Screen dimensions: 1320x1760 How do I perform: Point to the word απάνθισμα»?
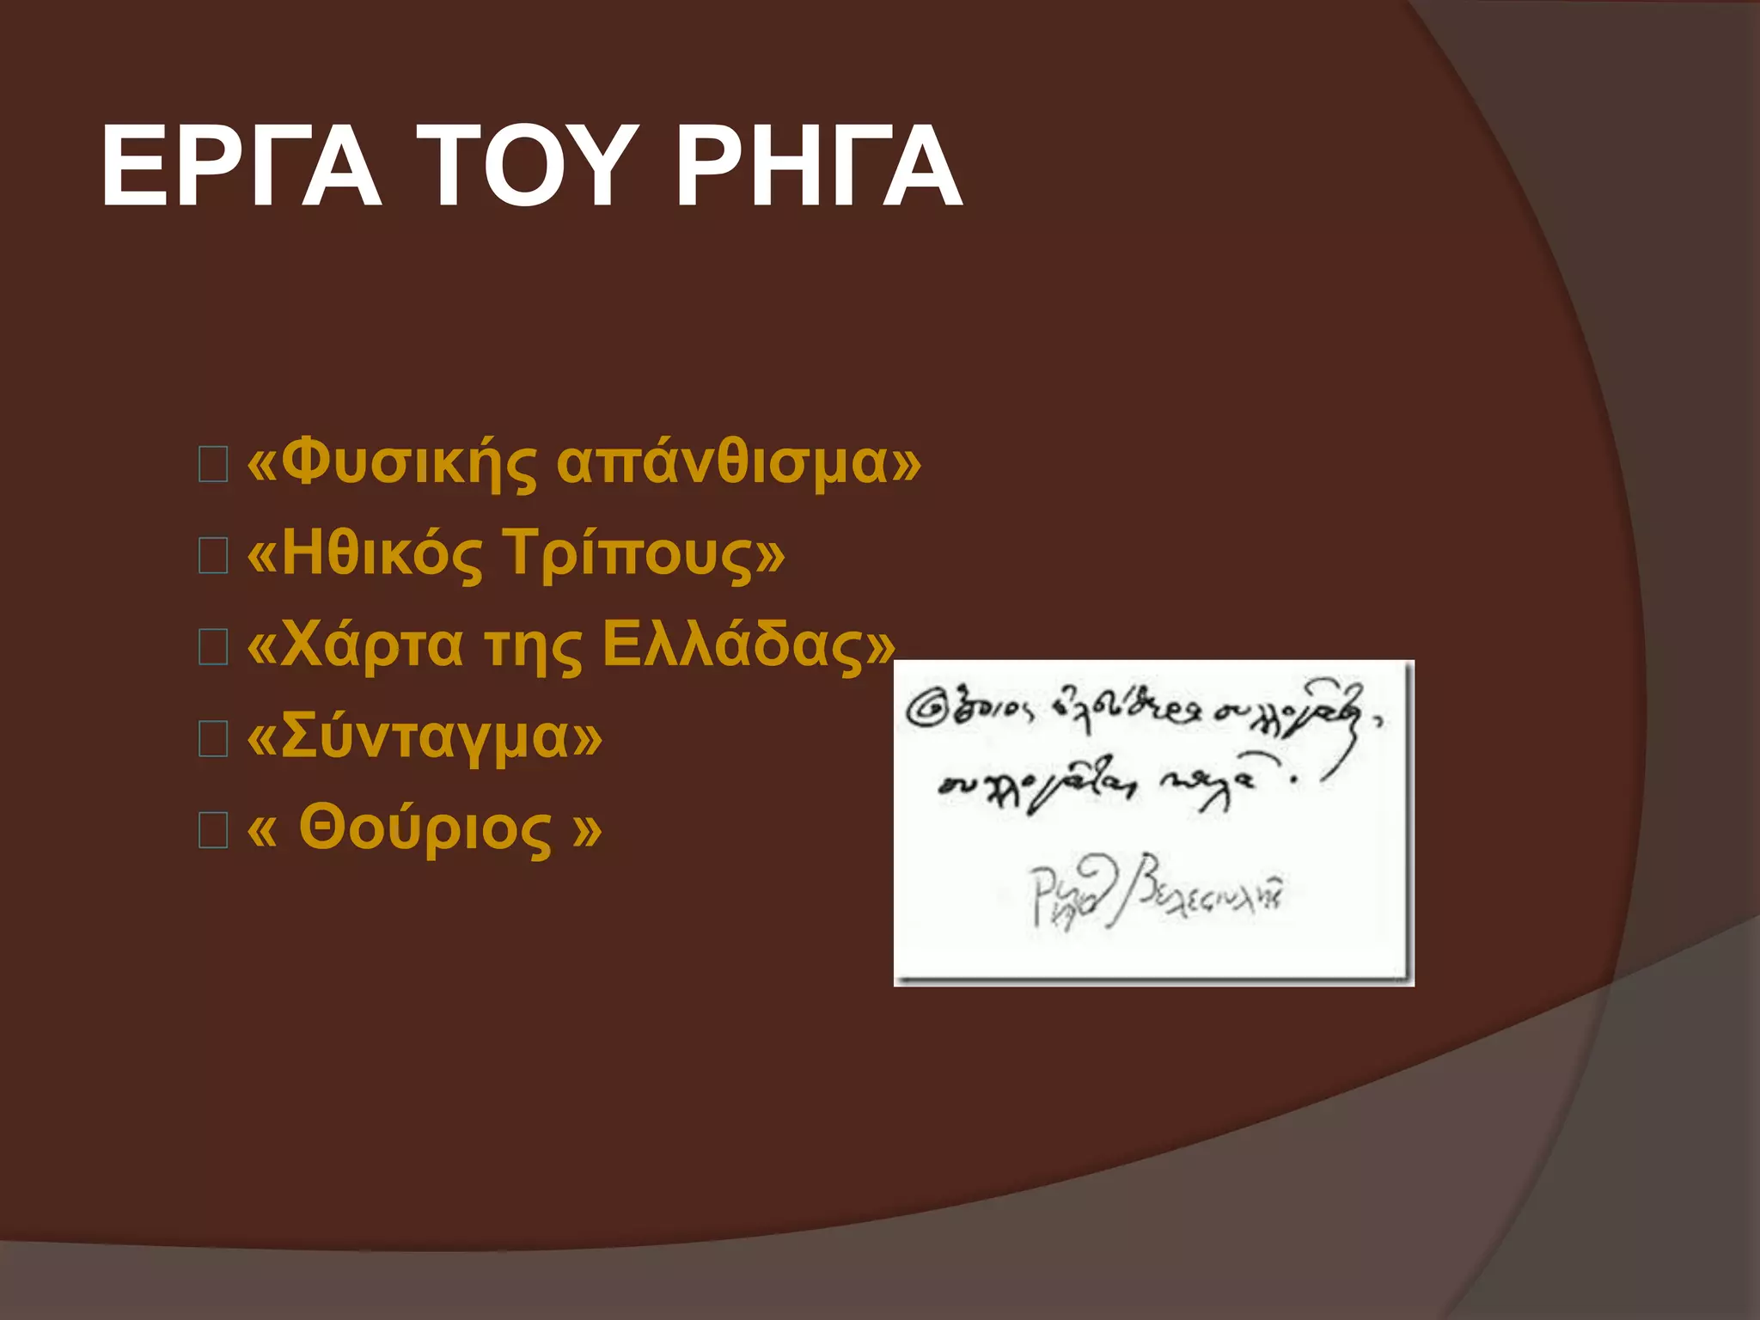(x=739, y=464)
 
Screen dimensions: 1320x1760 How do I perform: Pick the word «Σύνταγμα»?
(x=425, y=737)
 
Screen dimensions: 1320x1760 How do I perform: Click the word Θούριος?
(x=425, y=828)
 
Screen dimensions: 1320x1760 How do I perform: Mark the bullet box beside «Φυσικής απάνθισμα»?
(x=213, y=465)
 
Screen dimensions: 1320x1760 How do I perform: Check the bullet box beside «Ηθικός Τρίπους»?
(x=213, y=556)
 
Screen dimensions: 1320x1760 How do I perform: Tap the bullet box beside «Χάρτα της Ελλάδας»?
(x=213, y=647)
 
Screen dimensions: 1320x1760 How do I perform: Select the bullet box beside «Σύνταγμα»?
(x=213, y=738)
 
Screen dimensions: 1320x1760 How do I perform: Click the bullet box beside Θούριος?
(x=213, y=830)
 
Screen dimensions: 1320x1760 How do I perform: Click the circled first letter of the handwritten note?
(x=926, y=710)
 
